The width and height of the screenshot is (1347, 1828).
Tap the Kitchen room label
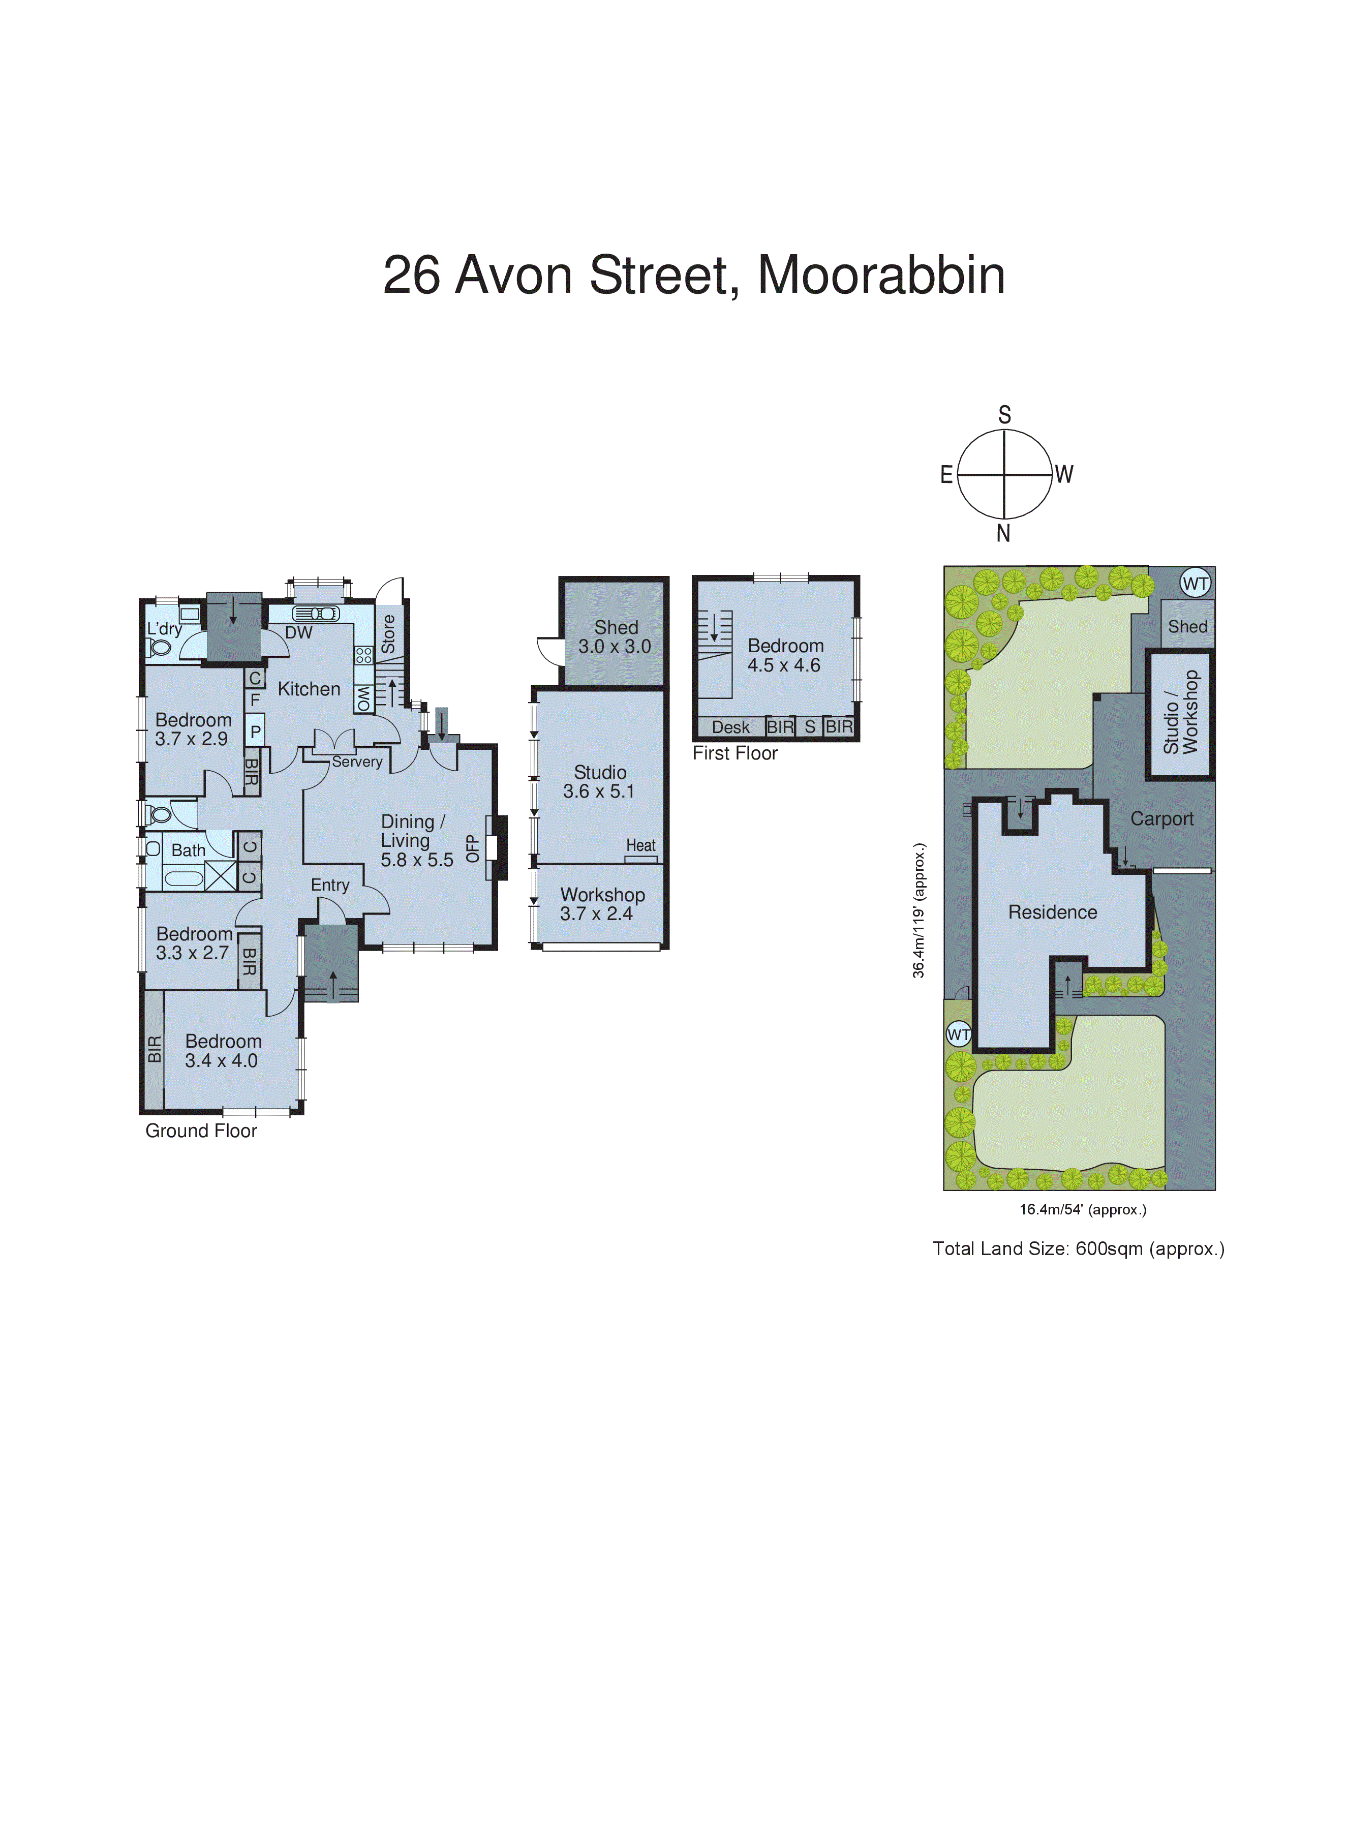coord(309,689)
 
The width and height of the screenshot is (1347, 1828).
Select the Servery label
coord(357,761)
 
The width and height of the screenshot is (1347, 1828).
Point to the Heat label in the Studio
coord(641,845)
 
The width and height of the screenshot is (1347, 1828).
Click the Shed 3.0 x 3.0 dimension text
coord(615,647)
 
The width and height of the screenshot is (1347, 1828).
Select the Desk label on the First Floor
coord(730,727)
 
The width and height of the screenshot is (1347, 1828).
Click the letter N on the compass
coord(1004,534)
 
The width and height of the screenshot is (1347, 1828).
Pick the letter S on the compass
coord(1004,415)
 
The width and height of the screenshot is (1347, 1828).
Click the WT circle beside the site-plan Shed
coord(1196,583)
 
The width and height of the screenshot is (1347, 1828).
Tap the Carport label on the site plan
coord(1162,818)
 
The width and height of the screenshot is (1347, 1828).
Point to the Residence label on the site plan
coord(1053,912)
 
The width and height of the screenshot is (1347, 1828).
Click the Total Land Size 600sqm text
coord(1078,1248)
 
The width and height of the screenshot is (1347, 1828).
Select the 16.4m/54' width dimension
coord(1083,1209)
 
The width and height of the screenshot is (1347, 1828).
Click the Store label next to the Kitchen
coord(388,633)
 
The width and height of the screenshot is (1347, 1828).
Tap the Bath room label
coord(189,850)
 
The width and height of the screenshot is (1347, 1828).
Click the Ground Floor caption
coord(201,1131)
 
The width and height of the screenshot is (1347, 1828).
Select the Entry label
coord(330,886)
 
